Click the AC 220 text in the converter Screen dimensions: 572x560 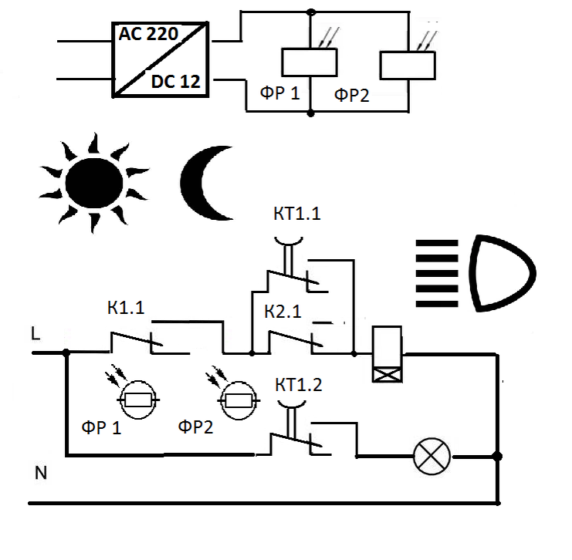point(148,34)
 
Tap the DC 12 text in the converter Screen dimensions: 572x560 point(176,81)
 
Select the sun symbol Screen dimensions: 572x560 point(94,183)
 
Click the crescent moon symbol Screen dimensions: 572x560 point(205,183)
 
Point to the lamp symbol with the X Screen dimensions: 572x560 point(432,457)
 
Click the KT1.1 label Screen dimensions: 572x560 point(297,214)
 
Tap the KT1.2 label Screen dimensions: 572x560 point(299,385)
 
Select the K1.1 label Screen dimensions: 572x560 point(126,308)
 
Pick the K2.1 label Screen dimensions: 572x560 point(283,312)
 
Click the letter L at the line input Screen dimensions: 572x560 point(36,333)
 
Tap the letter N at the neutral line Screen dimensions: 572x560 point(41,473)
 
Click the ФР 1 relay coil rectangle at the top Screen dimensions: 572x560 point(310,62)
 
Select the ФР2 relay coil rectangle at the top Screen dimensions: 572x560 point(408,66)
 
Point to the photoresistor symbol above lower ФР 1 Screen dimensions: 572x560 point(138,400)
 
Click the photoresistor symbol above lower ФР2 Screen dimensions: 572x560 point(239,400)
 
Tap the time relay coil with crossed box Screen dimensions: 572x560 point(387,354)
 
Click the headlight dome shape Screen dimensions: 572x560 point(502,273)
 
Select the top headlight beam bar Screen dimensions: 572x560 point(437,243)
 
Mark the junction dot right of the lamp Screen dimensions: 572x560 point(497,456)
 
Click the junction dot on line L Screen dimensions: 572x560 point(66,353)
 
